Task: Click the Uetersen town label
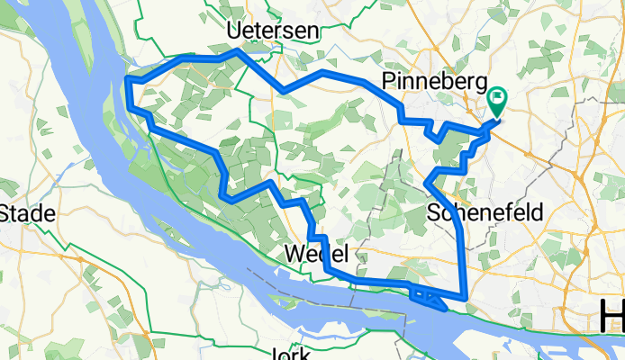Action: point(273,31)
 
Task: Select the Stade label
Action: point(28,214)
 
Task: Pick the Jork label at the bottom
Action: point(290,353)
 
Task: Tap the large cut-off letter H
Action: point(611,316)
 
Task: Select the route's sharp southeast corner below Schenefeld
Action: point(464,297)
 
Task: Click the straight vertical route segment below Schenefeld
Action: point(463,261)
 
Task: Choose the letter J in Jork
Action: point(275,353)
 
